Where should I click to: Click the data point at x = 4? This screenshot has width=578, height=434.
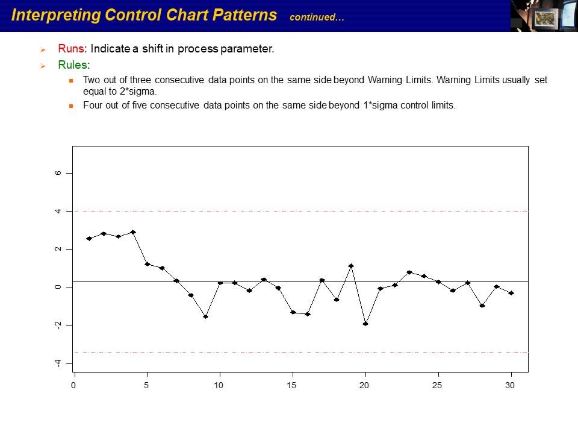[132, 232]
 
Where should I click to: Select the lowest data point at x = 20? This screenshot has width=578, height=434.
[365, 324]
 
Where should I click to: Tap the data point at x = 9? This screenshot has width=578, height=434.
[205, 316]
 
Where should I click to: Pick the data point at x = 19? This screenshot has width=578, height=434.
[351, 266]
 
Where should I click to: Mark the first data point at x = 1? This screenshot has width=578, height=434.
[89, 239]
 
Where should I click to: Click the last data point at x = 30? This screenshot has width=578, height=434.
[511, 293]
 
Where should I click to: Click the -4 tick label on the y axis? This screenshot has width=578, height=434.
[58, 363]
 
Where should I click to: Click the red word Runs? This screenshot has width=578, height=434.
[71, 49]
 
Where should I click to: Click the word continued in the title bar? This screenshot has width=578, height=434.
[317, 17]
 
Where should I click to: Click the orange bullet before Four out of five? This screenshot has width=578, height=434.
[70, 105]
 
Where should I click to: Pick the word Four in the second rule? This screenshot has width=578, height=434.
[93, 105]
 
